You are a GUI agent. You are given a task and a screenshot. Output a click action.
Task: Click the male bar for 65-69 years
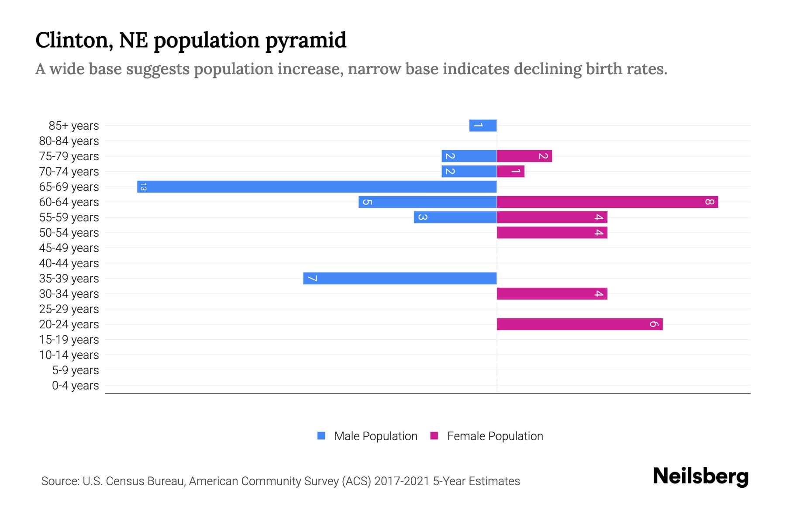pyautogui.click(x=317, y=187)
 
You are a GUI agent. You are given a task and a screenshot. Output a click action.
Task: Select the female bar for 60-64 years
pyautogui.click(x=607, y=202)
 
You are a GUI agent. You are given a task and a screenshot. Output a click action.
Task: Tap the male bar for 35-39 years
pyautogui.click(x=400, y=279)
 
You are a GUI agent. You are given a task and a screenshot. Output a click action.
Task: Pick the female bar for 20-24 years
pyautogui.click(x=579, y=324)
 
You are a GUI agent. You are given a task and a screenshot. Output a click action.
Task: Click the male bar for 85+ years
pyautogui.click(x=483, y=126)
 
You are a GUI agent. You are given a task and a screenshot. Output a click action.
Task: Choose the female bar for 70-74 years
pyautogui.click(x=510, y=172)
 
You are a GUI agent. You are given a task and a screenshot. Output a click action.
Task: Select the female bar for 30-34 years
pyautogui.click(x=552, y=294)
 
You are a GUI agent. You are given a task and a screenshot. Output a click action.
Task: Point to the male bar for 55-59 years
pyautogui.click(x=455, y=217)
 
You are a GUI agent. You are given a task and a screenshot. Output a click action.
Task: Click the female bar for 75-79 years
pyautogui.click(x=524, y=156)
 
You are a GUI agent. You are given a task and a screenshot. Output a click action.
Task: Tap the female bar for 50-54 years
pyautogui.click(x=552, y=233)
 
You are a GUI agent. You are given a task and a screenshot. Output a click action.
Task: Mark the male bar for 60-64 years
pyautogui.click(x=427, y=202)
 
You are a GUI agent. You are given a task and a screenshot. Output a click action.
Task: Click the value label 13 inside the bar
pyautogui.click(x=143, y=187)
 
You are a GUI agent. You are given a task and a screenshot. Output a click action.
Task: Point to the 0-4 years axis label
pyautogui.click(x=75, y=386)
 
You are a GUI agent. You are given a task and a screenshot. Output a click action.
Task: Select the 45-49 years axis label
pyautogui.click(x=69, y=248)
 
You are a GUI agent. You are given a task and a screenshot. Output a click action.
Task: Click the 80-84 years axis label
pyautogui.click(x=69, y=141)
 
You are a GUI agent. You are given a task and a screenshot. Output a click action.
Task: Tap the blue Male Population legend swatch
pyautogui.click(x=321, y=436)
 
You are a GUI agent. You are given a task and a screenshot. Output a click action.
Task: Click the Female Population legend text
pyautogui.click(x=495, y=436)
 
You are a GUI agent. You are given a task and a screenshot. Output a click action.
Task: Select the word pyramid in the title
pyautogui.click(x=306, y=41)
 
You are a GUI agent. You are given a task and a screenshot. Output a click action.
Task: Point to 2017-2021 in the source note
pyautogui.click(x=402, y=481)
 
